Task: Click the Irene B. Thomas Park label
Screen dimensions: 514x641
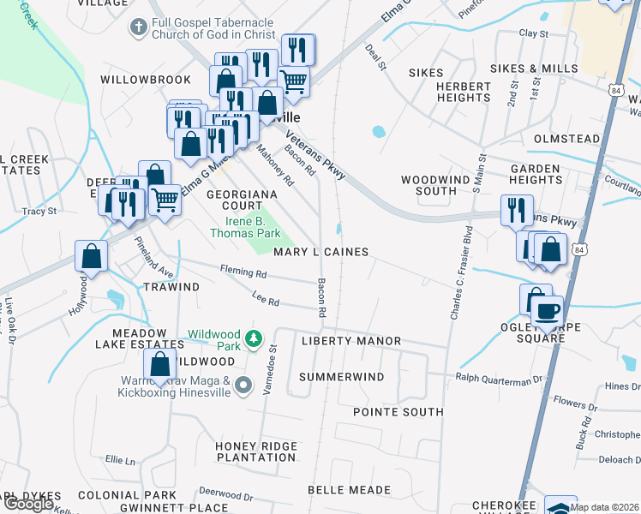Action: (x=247, y=227)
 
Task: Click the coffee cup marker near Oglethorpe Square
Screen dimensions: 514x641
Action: (x=547, y=310)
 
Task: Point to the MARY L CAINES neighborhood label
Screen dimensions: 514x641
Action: (x=321, y=252)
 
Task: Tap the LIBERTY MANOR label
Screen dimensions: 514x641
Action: (x=351, y=341)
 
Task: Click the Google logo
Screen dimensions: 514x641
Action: (x=29, y=504)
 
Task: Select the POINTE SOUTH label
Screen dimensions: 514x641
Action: (x=398, y=412)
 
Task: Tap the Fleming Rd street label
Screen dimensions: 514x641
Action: (x=243, y=273)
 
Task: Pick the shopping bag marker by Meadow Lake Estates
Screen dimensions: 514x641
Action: (x=159, y=364)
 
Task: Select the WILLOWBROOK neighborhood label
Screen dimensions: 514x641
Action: (x=145, y=80)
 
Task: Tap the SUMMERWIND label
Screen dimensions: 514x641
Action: (x=342, y=377)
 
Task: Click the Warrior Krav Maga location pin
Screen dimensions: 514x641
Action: (x=243, y=385)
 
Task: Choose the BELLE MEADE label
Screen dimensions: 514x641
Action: (x=349, y=491)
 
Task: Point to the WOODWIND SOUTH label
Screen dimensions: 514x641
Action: (x=429, y=185)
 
